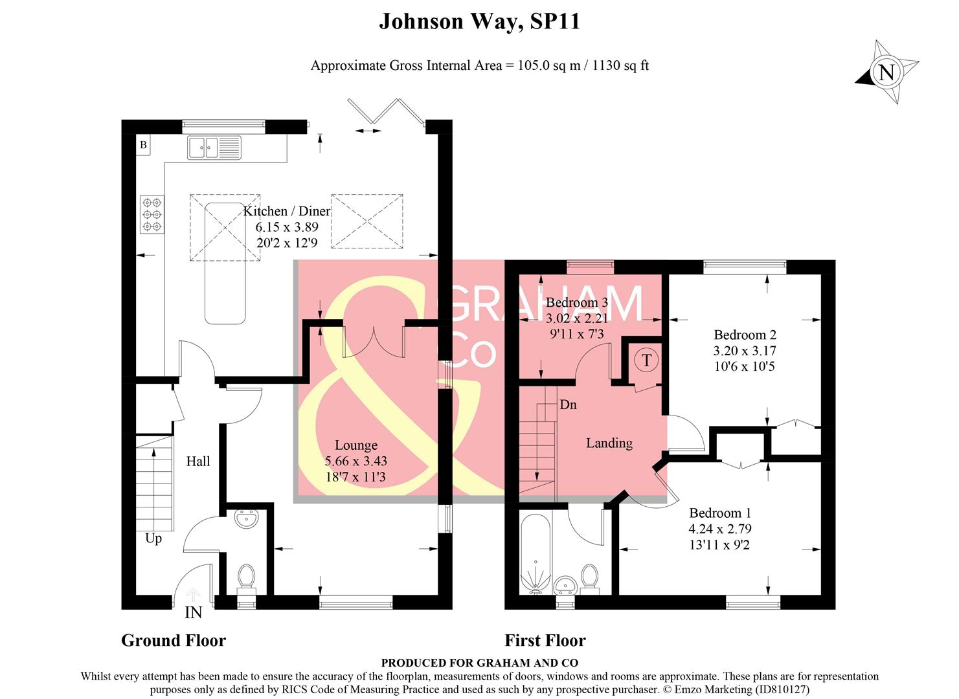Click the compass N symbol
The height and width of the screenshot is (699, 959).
pos(886,72)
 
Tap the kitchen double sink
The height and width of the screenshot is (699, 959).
pos(214,148)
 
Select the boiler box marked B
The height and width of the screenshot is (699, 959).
pos(143,145)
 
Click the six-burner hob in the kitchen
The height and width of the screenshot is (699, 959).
pos(152,214)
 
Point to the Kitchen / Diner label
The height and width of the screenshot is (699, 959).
pos(287,211)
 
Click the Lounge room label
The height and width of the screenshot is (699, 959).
pos(355,445)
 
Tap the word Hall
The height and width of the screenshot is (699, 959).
pos(198,461)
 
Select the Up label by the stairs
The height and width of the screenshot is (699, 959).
pos(153,538)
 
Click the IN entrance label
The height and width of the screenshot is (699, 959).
pos(193,612)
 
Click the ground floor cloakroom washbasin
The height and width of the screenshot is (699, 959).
pos(247,518)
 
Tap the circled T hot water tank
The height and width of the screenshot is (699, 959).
pos(646,360)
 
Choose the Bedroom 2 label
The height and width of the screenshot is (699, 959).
pos(745,335)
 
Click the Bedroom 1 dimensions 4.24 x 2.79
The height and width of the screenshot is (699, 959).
pos(720,529)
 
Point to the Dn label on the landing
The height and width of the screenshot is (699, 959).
pos(568,405)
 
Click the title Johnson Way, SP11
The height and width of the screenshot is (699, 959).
pos(479,21)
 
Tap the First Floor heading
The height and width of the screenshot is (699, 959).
pos(545,640)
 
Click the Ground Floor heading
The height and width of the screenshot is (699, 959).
pos(174,640)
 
